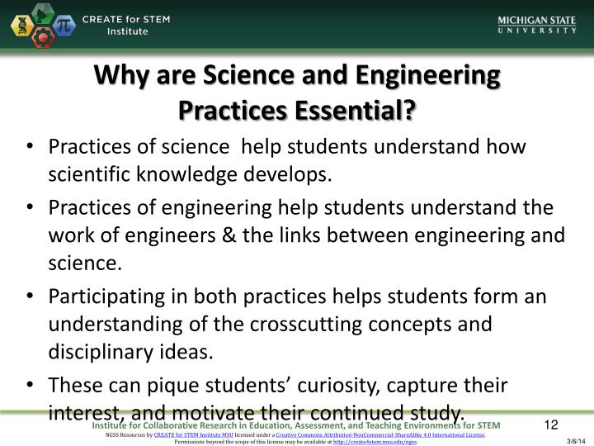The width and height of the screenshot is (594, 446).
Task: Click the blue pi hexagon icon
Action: pyautogui.click(x=64, y=26)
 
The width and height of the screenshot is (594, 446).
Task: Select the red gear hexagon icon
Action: pyautogui.click(x=42, y=38)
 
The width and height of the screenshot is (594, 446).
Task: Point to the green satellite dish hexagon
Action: pyautogui.click(x=42, y=13)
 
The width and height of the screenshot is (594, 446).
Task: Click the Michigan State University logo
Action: pyautogui.click(x=537, y=25)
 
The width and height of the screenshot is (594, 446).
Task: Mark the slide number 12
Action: pyautogui.click(x=551, y=425)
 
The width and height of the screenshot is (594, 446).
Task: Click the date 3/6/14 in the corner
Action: pyautogui.click(x=575, y=441)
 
